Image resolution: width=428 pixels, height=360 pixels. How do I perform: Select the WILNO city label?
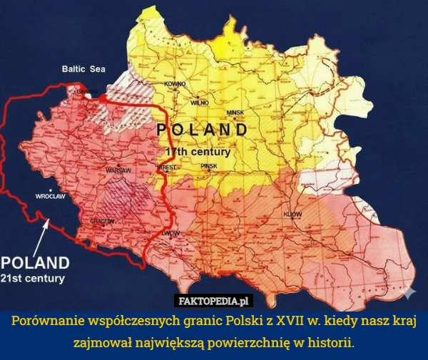click(x=199, y=103)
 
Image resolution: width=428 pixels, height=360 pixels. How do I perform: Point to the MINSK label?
click(x=235, y=113)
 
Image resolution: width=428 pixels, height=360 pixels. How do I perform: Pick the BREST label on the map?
click(x=165, y=167)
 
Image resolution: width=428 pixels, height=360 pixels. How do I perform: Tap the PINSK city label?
click(x=208, y=165)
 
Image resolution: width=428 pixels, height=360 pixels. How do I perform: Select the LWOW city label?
click(x=170, y=234)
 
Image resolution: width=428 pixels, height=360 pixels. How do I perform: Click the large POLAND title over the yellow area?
click(x=202, y=130)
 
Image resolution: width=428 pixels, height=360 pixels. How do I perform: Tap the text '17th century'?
click(x=198, y=152)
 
